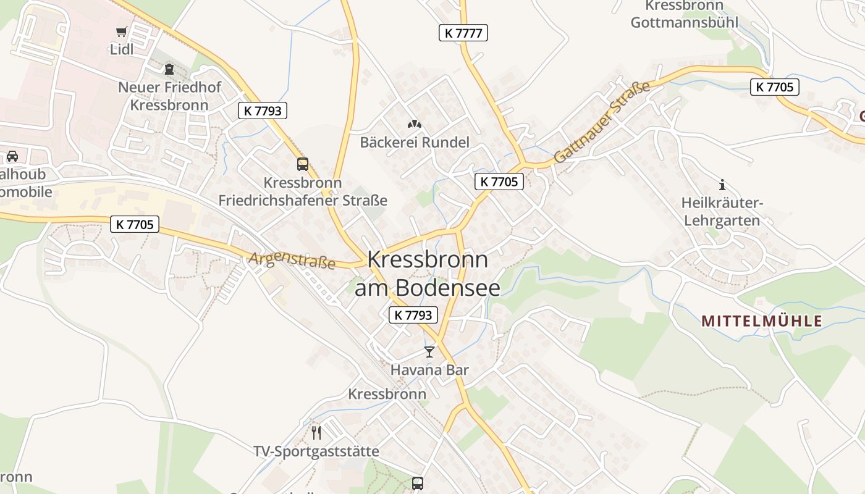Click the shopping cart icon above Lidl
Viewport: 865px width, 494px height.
[121, 31]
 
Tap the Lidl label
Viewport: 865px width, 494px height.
[122, 49]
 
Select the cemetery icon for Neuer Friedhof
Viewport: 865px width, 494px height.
[169, 69]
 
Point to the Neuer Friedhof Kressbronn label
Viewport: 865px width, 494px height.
[169, 96]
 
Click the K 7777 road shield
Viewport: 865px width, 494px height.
[463, 33]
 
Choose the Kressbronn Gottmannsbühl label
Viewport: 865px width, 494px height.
[684, 14]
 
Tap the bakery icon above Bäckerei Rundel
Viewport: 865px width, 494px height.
[414, 124]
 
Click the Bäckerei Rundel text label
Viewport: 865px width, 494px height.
[415, 142]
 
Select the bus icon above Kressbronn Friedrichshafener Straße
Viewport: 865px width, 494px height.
[303, 164]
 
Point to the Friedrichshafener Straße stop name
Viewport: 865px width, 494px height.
[303, 192]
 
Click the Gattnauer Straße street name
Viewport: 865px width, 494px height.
[602, 122]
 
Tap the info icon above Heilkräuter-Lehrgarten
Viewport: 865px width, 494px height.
[721, 185]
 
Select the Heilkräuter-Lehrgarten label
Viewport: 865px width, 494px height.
[721, 211]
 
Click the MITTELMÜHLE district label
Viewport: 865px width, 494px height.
[762, 321]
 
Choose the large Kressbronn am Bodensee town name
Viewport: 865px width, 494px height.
[427, 273]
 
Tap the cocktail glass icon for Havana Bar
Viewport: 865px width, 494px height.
[429, 352]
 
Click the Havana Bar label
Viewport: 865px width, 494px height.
[429, 370]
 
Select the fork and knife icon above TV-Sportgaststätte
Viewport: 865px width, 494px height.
[316, 432]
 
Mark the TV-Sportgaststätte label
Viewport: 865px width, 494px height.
[316, 451]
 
